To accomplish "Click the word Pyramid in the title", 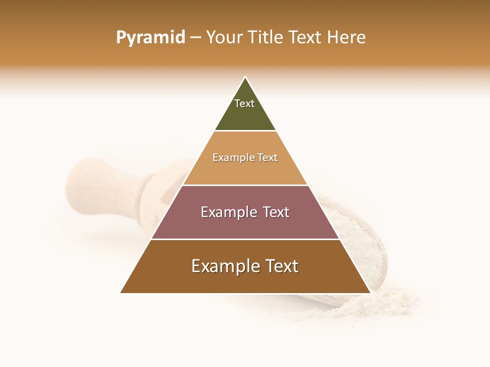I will tap(151, 37).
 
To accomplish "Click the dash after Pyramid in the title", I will tap(195, 37).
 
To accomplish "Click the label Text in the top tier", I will tap(244, 103).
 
